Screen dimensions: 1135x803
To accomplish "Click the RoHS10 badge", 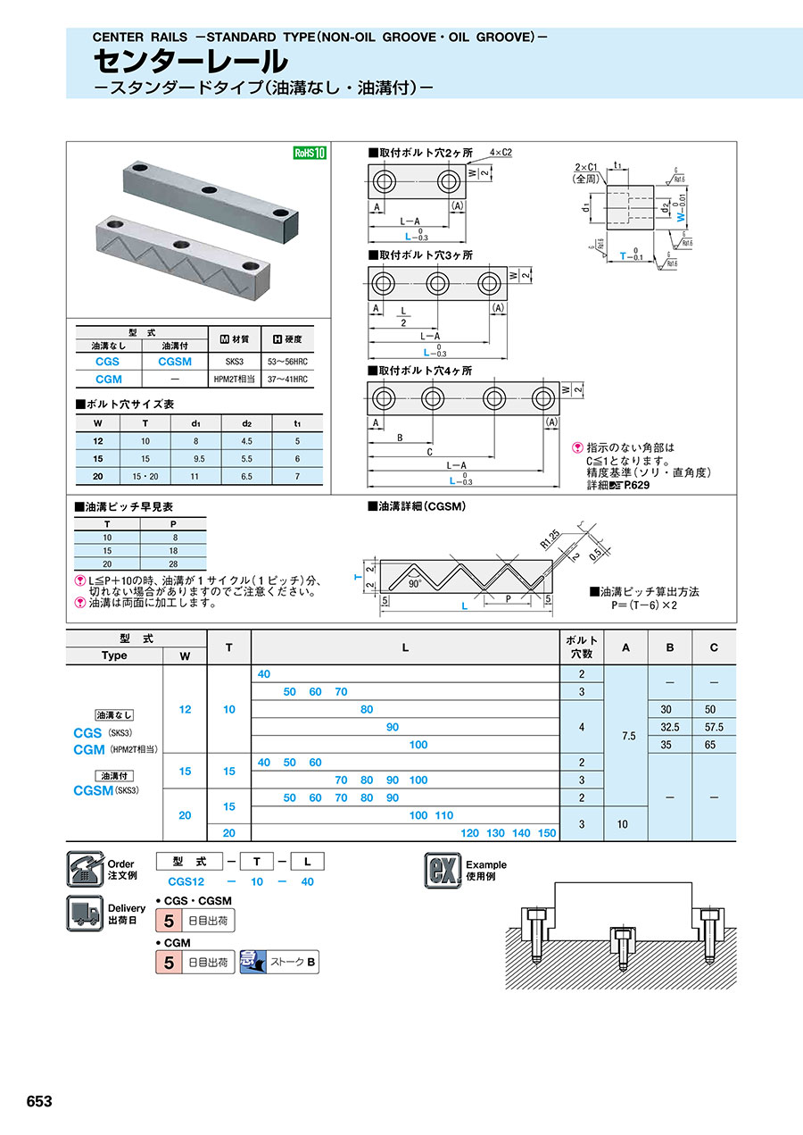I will tap(310, 153).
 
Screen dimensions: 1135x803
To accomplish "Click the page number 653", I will tap(39, 1101).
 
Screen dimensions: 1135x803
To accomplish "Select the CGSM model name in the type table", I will tap(174, 362).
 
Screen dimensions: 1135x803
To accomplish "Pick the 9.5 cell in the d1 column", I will tap(194, 458).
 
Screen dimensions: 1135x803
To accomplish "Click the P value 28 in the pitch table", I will tap(173, 564).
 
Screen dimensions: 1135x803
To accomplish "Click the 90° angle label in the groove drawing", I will tap(414, 583).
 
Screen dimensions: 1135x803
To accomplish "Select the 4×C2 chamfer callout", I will tap(501, 153).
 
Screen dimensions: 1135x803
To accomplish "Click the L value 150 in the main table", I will tap(547, 833).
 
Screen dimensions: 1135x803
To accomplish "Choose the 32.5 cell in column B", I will tap(670, 727).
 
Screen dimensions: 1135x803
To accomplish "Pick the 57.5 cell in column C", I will tap(714, 727).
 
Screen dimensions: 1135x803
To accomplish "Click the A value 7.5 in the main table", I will tap(627, 736).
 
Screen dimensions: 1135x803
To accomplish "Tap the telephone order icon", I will tap(84, 869).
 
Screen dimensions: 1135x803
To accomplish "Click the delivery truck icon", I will tap(84, 913).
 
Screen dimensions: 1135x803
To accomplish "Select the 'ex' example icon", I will tap(443, 871).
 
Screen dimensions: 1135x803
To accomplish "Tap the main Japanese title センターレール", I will tap(191, 62).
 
